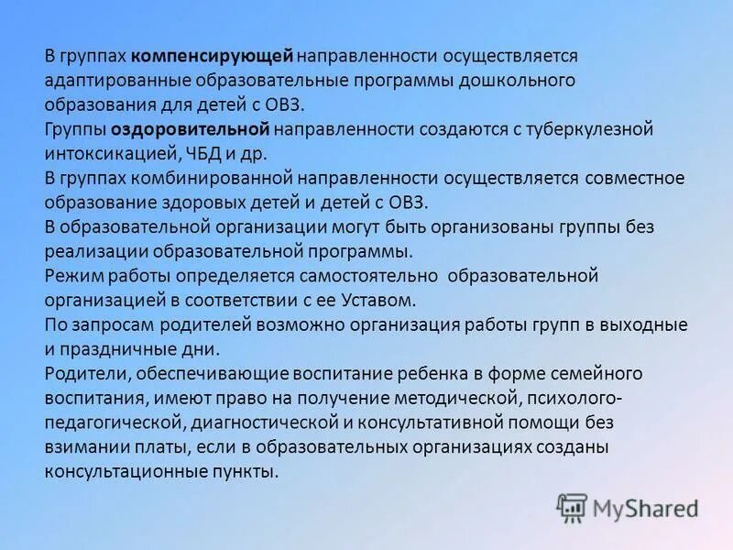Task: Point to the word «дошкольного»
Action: click(x=525, y=81)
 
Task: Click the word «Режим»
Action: click(x=70, y=275)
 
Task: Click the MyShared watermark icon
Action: click(x=573, y=507)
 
